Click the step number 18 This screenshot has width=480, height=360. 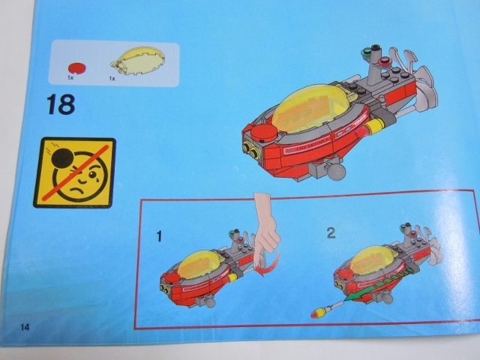(x=60, y=103)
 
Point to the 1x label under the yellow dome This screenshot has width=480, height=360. (x=113, y=78)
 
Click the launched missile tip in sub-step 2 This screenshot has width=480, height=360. (x=314, y=310)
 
